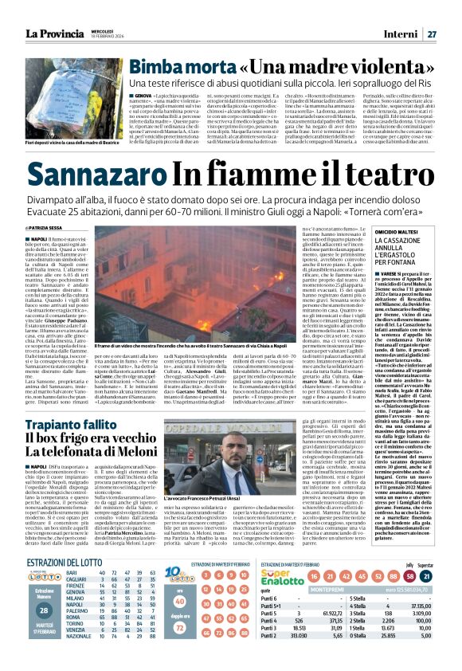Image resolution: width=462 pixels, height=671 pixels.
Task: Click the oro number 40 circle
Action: point(202,624)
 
